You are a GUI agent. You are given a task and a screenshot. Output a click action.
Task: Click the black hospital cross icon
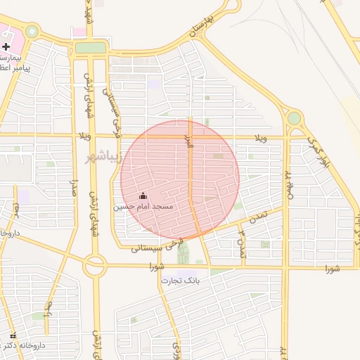(6, 46)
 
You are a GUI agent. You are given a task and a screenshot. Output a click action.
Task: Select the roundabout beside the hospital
(32, 32)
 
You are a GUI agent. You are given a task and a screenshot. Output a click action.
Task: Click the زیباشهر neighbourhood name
(103, 154)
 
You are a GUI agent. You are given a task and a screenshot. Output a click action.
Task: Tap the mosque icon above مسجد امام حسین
(144, 195)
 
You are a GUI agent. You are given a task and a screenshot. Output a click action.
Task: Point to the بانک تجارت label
(180, 281)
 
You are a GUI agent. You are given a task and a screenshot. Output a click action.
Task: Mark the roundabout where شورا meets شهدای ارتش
(95, 266)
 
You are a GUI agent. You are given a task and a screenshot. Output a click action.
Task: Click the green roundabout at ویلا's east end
(294, 118)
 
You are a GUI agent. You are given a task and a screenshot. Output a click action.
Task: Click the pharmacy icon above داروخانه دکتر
(13, 335)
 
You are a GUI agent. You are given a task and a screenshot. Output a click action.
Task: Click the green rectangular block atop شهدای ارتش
(91, 48)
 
